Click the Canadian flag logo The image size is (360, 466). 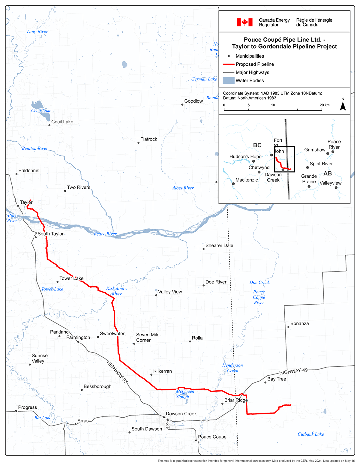pyautogui.click(x=244, y=22)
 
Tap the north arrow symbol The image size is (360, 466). pyautogui.click(x=343, y=105)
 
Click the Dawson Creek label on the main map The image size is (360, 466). pyautogui.click(x=181, y=414)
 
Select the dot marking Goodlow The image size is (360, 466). pyautogui.click(x=182, y=105)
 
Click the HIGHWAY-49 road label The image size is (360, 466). pyautogui.click(x=293, y=371)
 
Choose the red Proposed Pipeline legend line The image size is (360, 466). pyautogui.click(x=229, y=64)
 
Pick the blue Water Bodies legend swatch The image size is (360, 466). pyautogui.click(x=229, y=80)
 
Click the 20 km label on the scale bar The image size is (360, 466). pyautogui.click(x=325, y=105)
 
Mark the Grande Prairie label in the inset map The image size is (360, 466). pyautogui.click(x=309, y=179)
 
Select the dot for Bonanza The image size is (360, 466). pyautogui.click(x=288, y=327)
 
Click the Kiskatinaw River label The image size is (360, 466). pyautogui.click(x=117, y=291)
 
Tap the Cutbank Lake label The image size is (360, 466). pyautogui.click(x=311, y=434)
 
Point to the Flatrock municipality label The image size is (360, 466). pyautogui.click(x=149, y=139)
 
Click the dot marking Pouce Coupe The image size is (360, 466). pyautogui.click(x=196, y=440)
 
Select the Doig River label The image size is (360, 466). pyautogui.click(x=37, y=32)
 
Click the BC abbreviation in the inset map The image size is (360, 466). pyautogui.click(x=257, y=145)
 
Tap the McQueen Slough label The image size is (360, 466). pyautogui.click(x=185, y=394)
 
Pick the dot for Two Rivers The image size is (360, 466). pyautogui.click(x=65, y=191)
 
